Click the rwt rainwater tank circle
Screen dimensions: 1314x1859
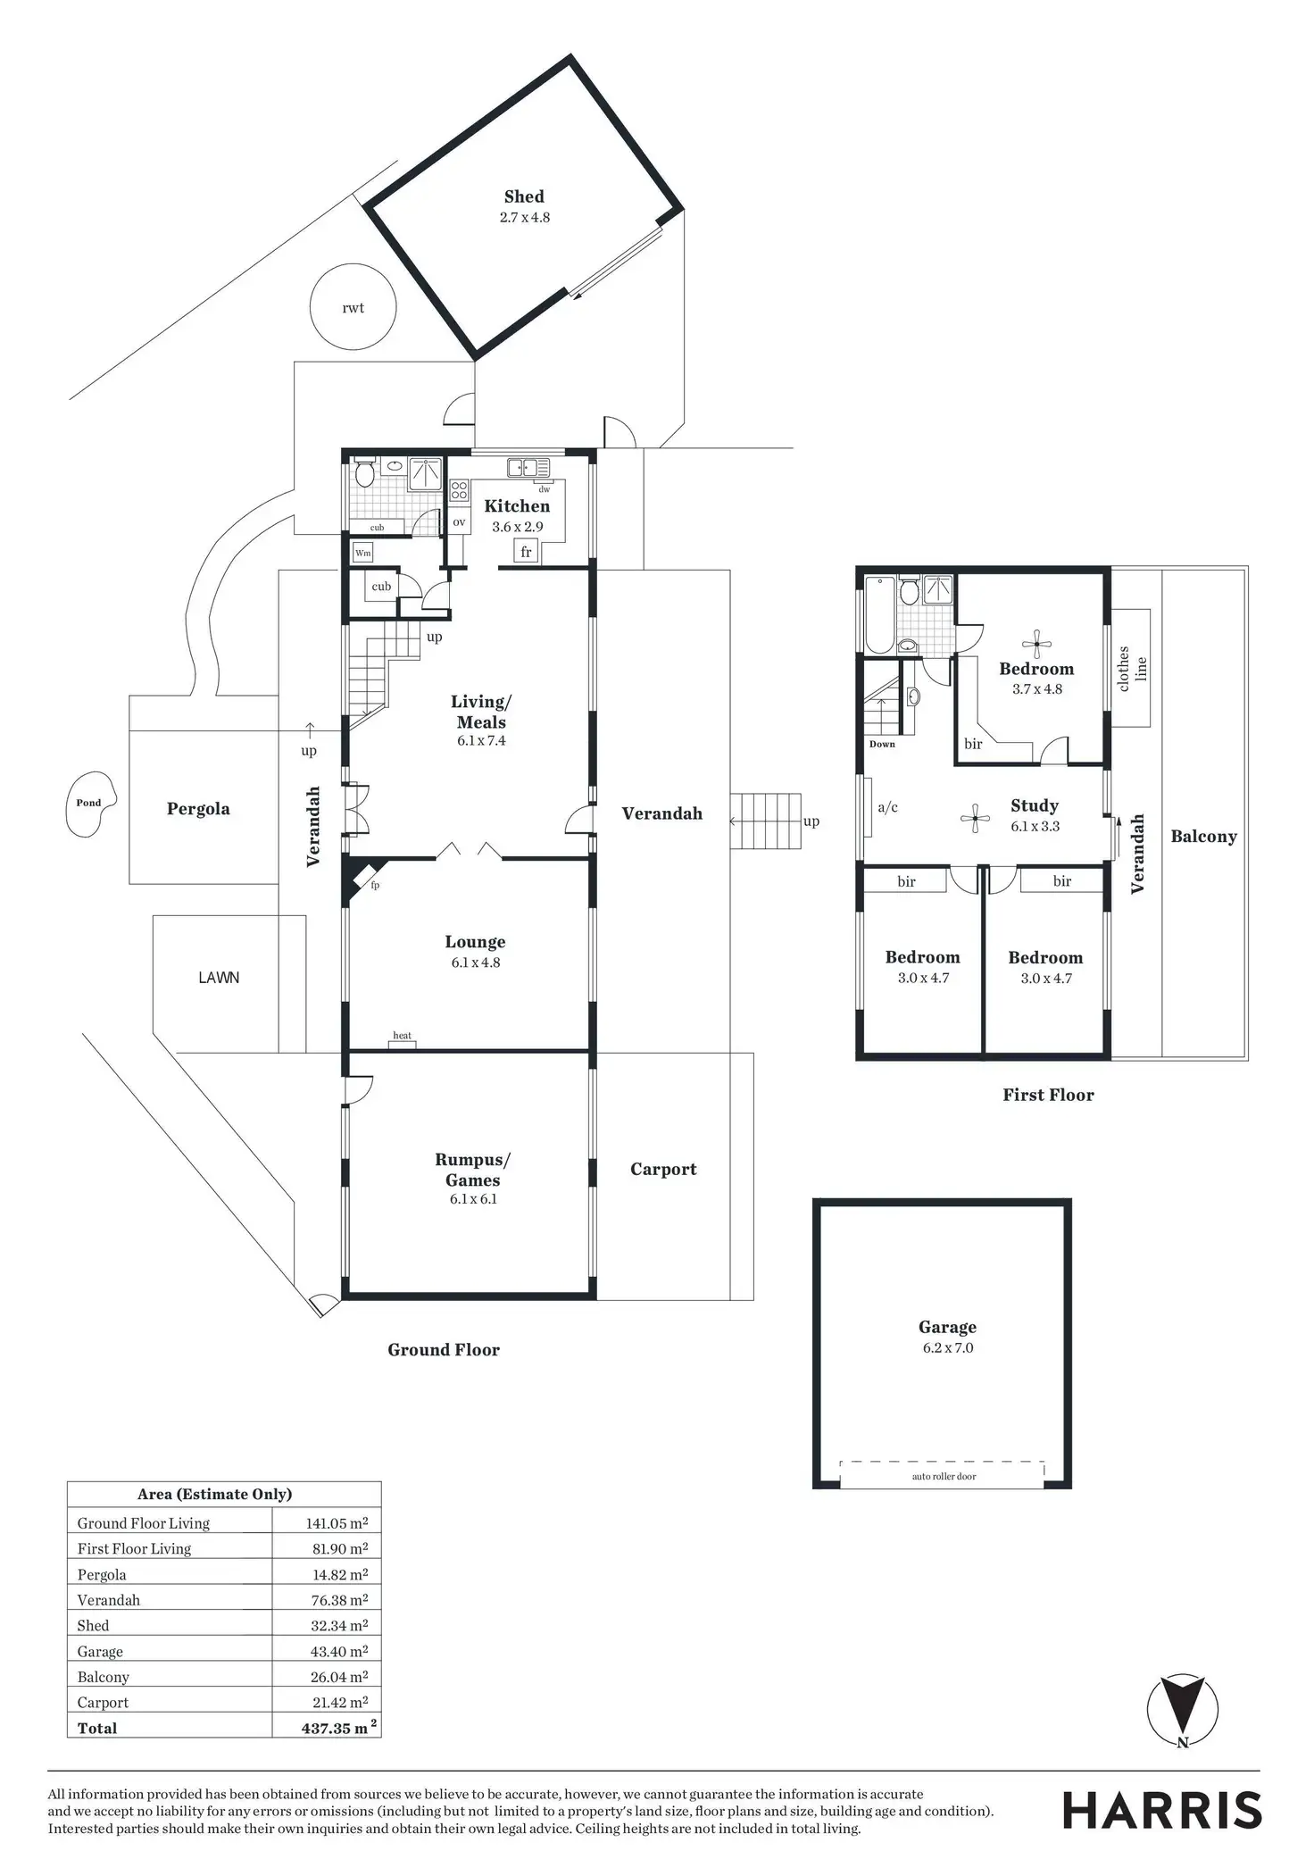[353, 307]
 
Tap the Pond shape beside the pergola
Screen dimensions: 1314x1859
[91, 804]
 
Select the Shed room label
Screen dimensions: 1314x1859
[524, 196]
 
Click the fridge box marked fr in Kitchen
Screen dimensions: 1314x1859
[526, 552]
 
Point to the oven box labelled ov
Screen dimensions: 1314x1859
[459, 522]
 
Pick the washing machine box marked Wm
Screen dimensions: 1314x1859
[362, 553]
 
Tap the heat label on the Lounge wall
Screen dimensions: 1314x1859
[403, 1036]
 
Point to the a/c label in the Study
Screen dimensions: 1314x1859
[887, 807]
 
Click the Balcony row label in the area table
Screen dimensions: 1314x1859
[104, 1677]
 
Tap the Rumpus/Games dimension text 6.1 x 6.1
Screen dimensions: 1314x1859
[473, 1199]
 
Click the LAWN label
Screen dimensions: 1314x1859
[219, 978]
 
